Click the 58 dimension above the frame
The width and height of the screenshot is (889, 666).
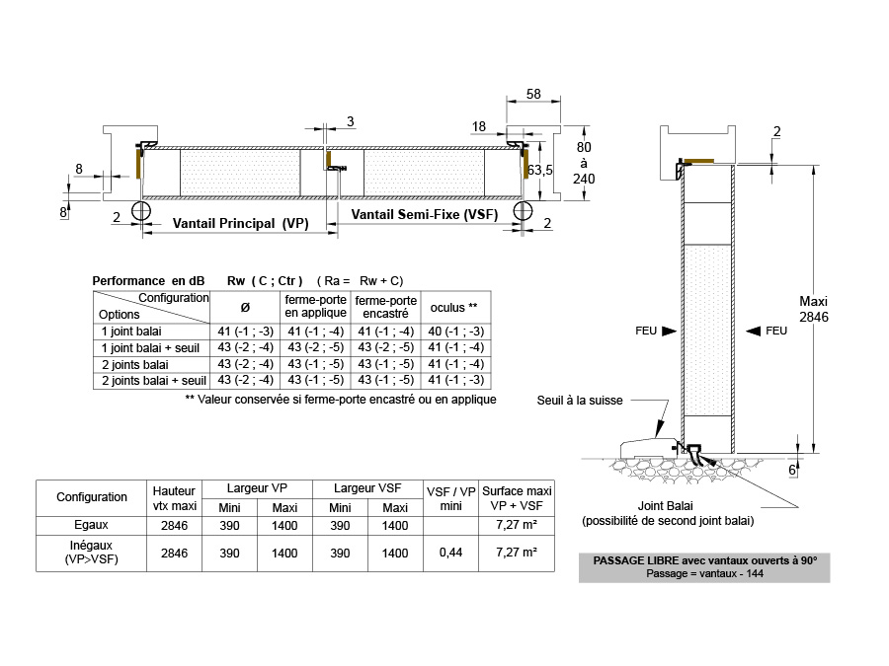(x=533, y=94)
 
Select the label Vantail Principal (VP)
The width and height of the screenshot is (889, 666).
(x=240, y=223)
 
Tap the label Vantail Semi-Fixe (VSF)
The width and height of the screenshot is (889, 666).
(x=425, y=215)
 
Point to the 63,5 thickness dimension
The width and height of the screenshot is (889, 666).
(x=539, y=170)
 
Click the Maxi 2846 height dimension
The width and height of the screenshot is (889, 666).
(x=814, y=309)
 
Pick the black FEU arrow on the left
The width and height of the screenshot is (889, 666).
(x=669, y=331)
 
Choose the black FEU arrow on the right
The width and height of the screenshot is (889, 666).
(x=753, y=331)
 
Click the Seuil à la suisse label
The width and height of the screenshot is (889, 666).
(x=580, y=401)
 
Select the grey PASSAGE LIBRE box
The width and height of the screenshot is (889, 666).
(x=704, y=567)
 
